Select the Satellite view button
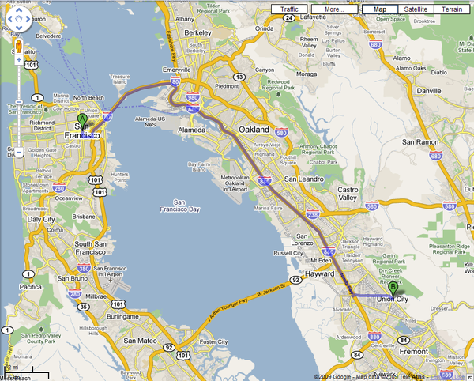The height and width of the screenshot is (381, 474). point(416,9)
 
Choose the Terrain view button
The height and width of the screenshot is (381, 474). point(453,9)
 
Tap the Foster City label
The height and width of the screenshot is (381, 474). point(213,342)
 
